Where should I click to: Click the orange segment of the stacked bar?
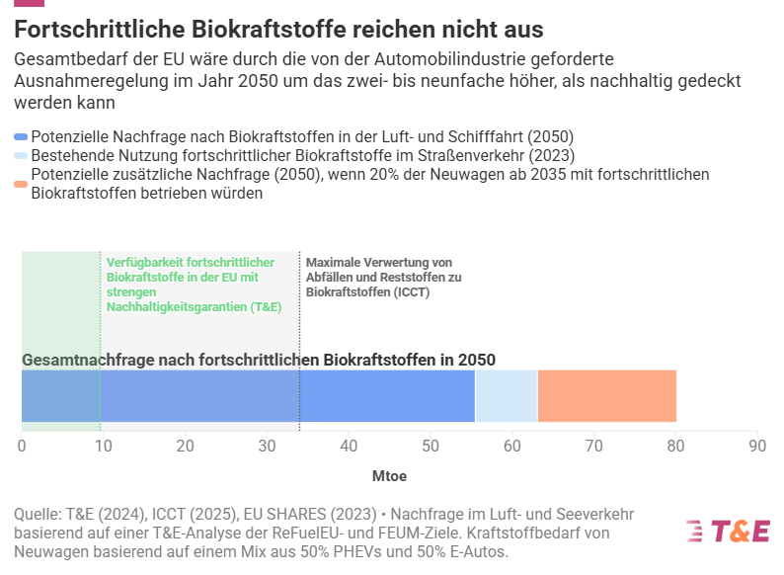[606, 396]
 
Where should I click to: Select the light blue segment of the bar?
[506, 396]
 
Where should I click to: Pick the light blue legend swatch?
[21, 156]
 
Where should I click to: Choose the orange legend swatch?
[21, 184]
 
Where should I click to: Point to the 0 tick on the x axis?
[22, 447]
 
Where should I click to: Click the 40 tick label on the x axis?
[349, 447]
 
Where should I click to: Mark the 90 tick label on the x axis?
[756, 447]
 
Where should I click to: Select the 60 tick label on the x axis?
[511, 447]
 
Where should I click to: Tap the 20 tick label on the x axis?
[185, 447]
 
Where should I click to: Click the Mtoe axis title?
[389, 476]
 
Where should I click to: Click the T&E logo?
[728, 531]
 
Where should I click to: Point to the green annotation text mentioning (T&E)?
[193, 285]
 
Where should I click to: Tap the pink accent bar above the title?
[29, 3]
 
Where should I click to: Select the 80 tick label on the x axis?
[675, 447]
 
